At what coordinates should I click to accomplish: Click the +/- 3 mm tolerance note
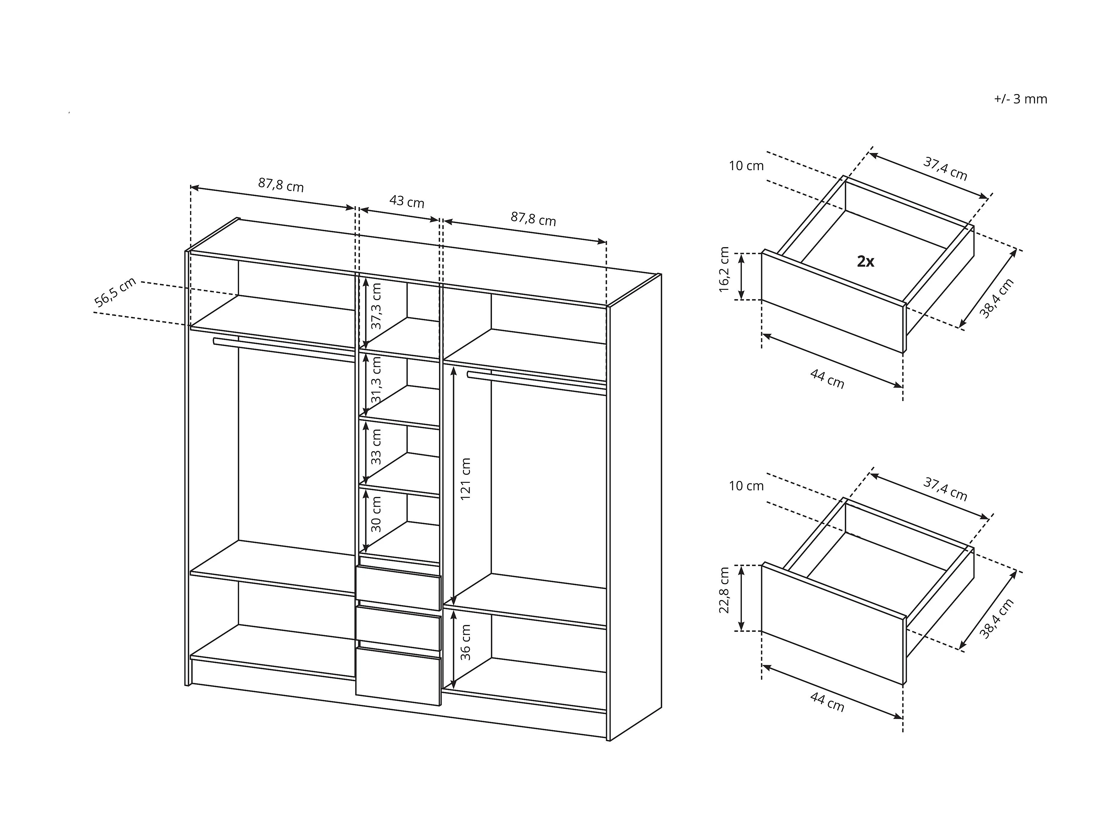tap(1020, 99)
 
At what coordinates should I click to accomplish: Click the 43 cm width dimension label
tap(407, 202)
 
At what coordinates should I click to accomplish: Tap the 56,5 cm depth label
tap(115, 292)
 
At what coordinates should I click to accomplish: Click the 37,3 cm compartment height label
tap(376, 306)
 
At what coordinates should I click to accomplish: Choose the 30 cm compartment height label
tap(376, 514)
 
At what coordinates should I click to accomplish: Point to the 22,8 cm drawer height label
tap(724, 590)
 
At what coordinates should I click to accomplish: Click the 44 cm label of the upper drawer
tap(827, 378)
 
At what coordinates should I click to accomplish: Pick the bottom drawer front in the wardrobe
tap(398, 676)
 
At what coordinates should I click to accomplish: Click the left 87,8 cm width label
tap(281, 185)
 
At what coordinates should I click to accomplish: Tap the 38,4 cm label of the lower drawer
tap(997, 619)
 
